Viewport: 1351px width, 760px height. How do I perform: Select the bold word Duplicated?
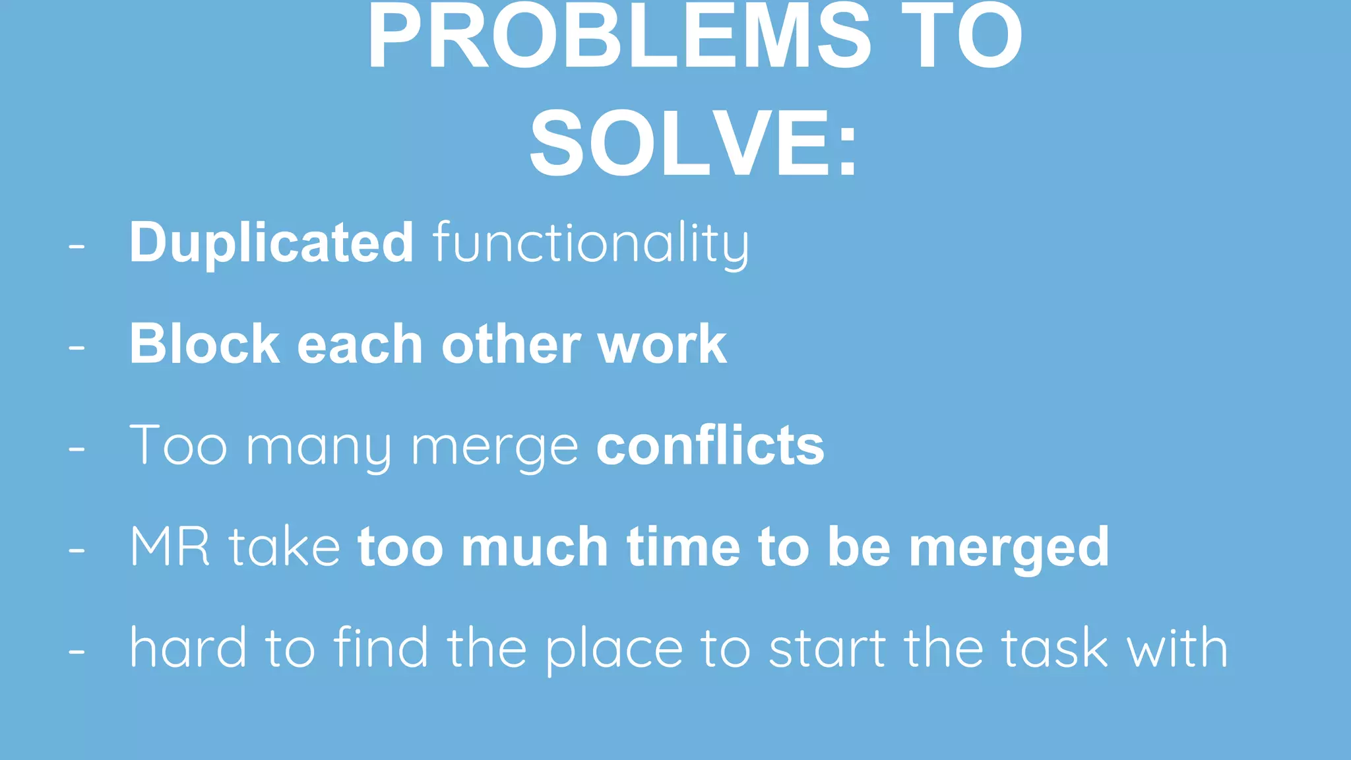click(x=271, y=243)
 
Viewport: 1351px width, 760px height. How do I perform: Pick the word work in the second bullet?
click(x=662, y=344)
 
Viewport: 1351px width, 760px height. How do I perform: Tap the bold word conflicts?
click(x=710, y=446)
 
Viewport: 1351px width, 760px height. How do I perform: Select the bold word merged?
click(x=1009, y=548)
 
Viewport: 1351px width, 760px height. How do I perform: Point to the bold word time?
click(x=683, y=547)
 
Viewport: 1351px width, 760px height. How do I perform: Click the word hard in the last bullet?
click(x=188, y=648)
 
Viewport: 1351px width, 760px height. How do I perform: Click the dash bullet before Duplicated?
click(x=77, y=247)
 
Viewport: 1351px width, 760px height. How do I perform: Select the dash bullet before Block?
click(x=77, y=348)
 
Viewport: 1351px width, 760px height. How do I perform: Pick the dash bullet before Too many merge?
click(x=77, y=449)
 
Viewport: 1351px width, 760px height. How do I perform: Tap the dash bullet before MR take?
click(x=77, y=550)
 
